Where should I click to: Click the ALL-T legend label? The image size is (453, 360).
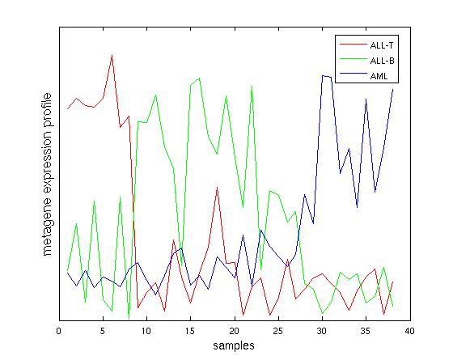[382, 45]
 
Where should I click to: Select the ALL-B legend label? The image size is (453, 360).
[382, 61]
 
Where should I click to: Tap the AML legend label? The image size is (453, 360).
[379, 76]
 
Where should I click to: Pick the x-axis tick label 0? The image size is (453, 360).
[59, 331]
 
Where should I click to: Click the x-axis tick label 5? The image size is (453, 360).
[103, 331]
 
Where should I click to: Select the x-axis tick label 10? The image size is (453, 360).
[146, 331]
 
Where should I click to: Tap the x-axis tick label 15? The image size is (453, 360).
[190, 331]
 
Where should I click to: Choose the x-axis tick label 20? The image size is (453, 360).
[235, 331]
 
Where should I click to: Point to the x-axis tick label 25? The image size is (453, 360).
[278, 331]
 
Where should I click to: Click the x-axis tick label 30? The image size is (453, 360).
[322, 331]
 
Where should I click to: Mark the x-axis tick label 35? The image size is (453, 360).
[366, 331]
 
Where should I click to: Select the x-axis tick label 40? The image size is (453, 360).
[409, 331]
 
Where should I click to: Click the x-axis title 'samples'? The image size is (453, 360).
[234, 345]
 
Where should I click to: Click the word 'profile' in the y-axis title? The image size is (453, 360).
[47, 110]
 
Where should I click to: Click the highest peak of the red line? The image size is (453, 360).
[112, 55]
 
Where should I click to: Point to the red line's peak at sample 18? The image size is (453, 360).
[217, 188]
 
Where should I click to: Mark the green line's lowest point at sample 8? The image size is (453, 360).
[129, 319]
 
